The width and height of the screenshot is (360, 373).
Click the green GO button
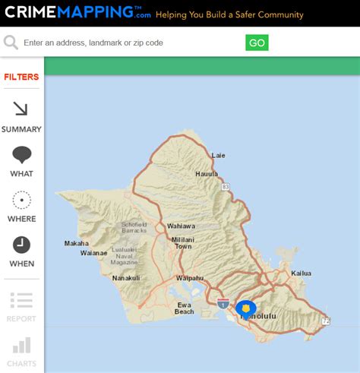tap(257, 43)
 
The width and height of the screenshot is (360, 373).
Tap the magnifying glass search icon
tap(11, 43)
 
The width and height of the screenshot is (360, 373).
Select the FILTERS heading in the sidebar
tap(21, 77)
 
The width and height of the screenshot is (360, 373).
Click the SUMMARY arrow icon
tap(21, 109)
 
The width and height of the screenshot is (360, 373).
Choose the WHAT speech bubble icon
tap(21, 155)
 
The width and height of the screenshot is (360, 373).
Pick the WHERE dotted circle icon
tap(21, 200)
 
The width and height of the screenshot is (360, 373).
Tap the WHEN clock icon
tap(21, 245)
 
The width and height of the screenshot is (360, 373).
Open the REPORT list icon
tap(21, 301)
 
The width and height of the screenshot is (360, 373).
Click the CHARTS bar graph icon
tap(21, 346)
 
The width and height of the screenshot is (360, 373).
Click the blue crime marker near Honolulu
tap(245, 308)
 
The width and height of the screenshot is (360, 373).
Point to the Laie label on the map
tap(219, 155)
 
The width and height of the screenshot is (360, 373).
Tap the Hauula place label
tap(207, 174)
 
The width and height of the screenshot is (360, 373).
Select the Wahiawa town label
tap(181, 226)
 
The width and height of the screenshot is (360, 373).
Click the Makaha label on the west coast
tap(76, 244)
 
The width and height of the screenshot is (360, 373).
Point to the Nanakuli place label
tap(126, 278)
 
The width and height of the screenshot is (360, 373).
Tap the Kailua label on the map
tap(302, 273)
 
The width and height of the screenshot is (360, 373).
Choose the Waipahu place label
tap(190, 278)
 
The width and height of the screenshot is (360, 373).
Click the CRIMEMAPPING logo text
tap(72, 13)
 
